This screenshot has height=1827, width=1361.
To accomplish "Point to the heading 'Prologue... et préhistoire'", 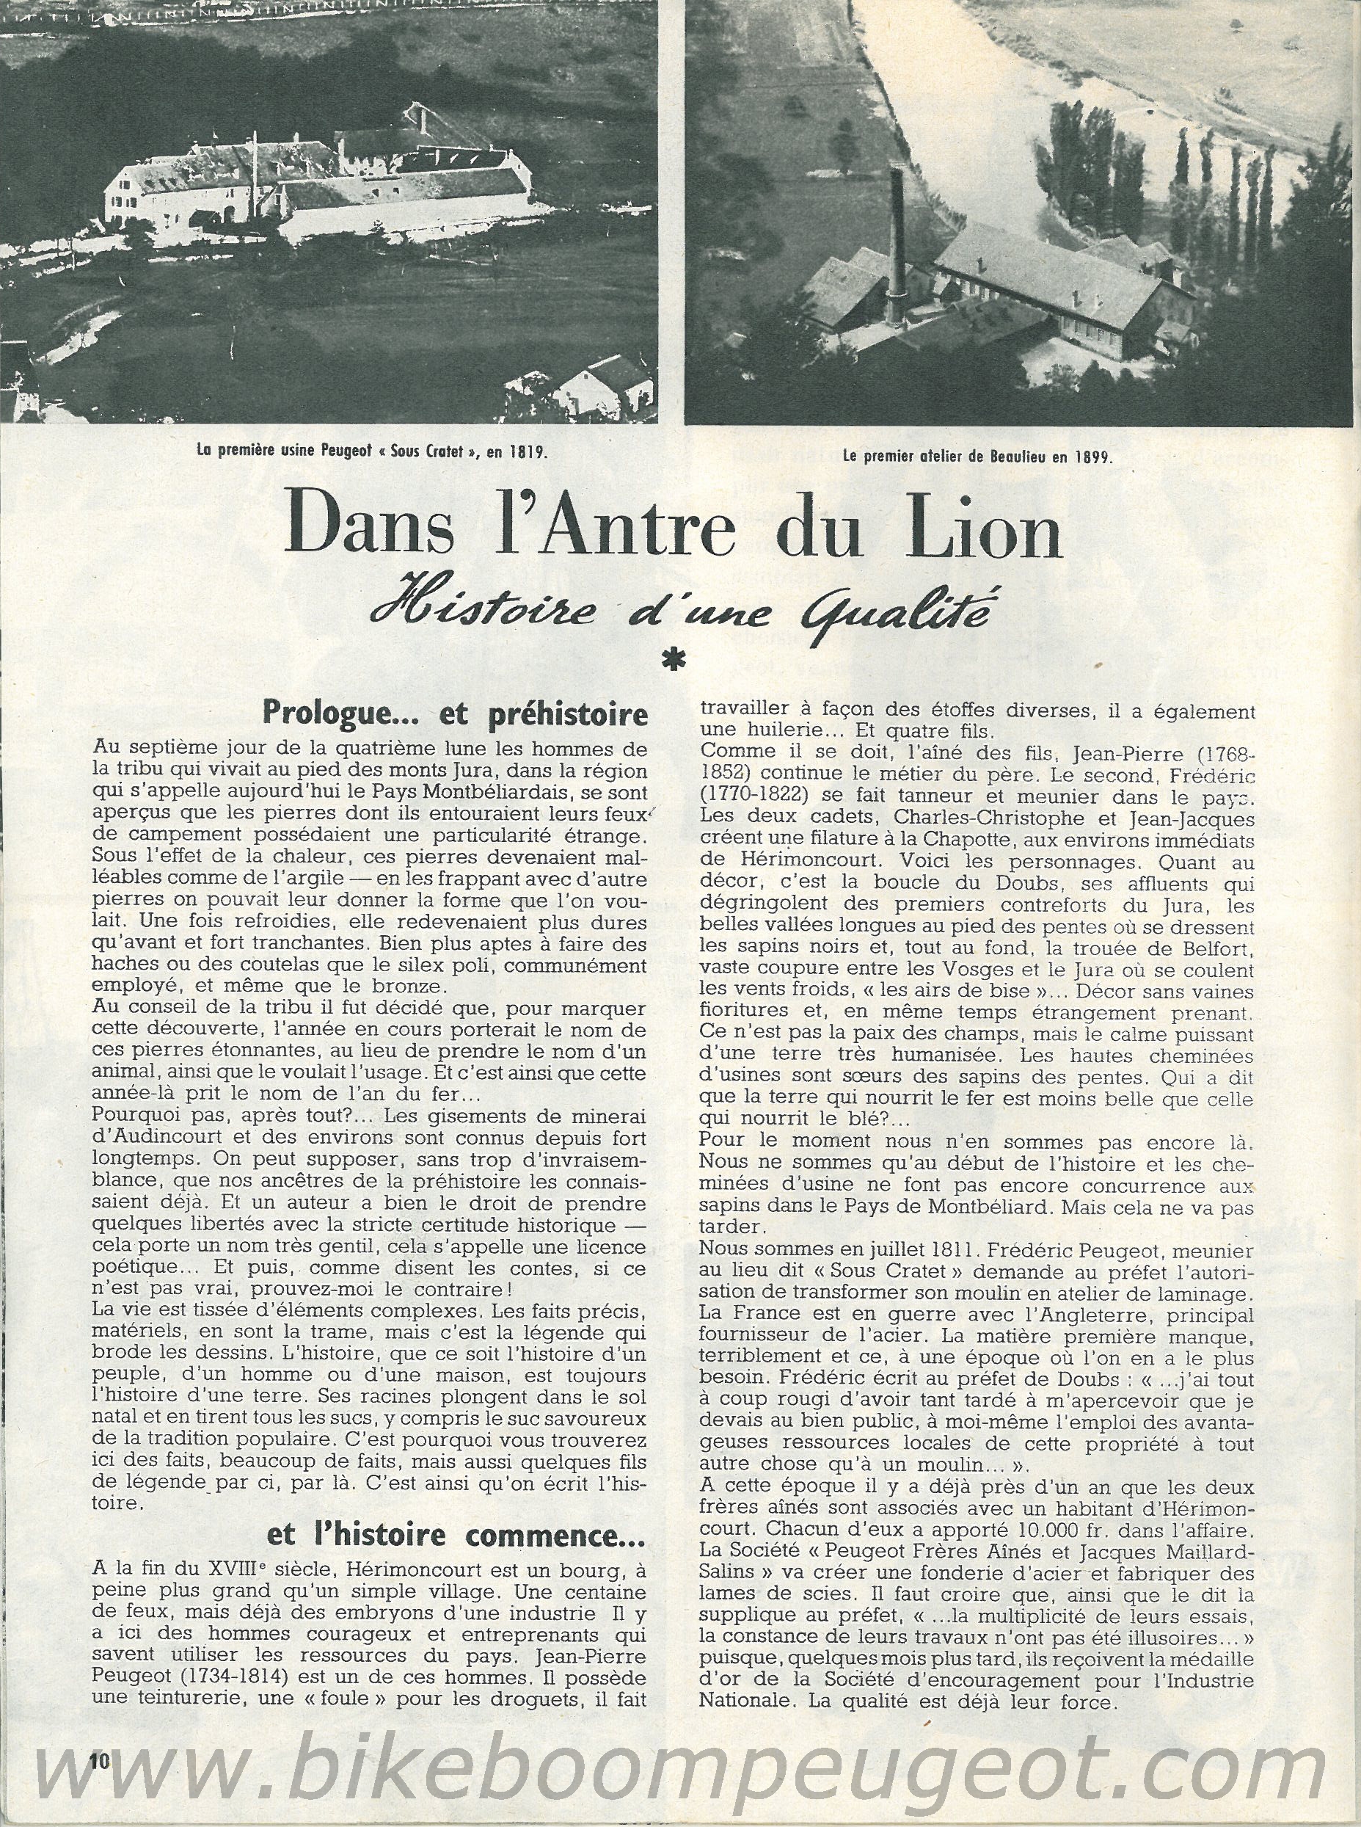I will (453, 713).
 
